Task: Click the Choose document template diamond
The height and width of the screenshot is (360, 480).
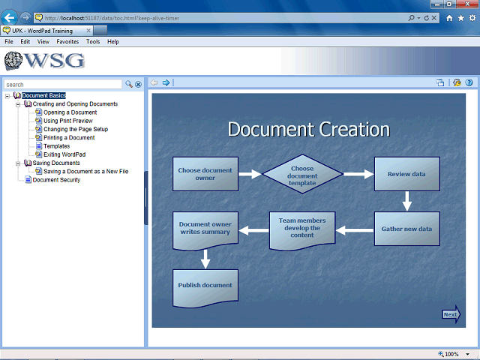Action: coord(302,174)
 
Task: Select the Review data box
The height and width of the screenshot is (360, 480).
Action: coord(406,174)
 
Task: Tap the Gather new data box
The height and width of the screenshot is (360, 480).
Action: coord(406,229)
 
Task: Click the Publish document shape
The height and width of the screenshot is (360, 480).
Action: coord(205,288)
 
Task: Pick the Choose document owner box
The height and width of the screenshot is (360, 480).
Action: coord(205,174)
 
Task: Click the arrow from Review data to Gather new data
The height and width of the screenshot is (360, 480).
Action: coord(406,201)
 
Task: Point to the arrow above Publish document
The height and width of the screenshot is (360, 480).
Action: coord(205,259)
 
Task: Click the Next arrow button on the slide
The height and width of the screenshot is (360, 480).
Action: coord(451,314)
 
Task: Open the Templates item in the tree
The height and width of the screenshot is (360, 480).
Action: coord(57,146)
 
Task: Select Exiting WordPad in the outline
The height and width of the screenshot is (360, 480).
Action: coord(64,154)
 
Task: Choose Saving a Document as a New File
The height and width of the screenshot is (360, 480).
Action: coord(86,172)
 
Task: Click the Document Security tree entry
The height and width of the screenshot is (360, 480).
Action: coord(56,180)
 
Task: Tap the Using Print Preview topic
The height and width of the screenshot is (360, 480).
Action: coord(68,121)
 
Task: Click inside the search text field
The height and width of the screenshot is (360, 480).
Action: coord(63,85)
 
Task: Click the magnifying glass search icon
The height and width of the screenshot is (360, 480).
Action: coord(129,84)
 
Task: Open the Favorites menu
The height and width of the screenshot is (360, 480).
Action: coord(67,42)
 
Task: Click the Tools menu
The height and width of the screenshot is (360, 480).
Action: coord(93,42)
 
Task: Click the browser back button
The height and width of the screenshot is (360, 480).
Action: coord(9,18)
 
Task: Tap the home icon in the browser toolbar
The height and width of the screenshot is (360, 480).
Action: coord(449,18)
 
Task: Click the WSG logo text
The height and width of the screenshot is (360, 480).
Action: coord(54,60)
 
